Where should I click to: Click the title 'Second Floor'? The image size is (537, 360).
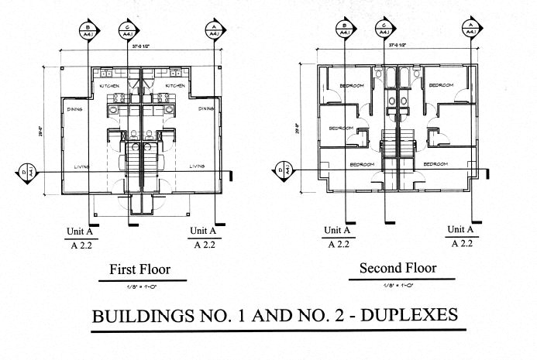point(398,269)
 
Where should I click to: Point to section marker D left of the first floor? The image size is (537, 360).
point(23,171)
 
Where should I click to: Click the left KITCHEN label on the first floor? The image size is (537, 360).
point(108,86)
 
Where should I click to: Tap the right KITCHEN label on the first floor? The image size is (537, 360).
point(175,86)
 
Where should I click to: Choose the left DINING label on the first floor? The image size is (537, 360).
point(75,109)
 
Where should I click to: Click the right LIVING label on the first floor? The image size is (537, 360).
point(197,166)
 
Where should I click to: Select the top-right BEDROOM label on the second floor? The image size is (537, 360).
point(442,84)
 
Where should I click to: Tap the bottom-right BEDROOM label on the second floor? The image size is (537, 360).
point(435,164)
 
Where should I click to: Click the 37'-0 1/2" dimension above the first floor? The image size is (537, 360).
point(140,46)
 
